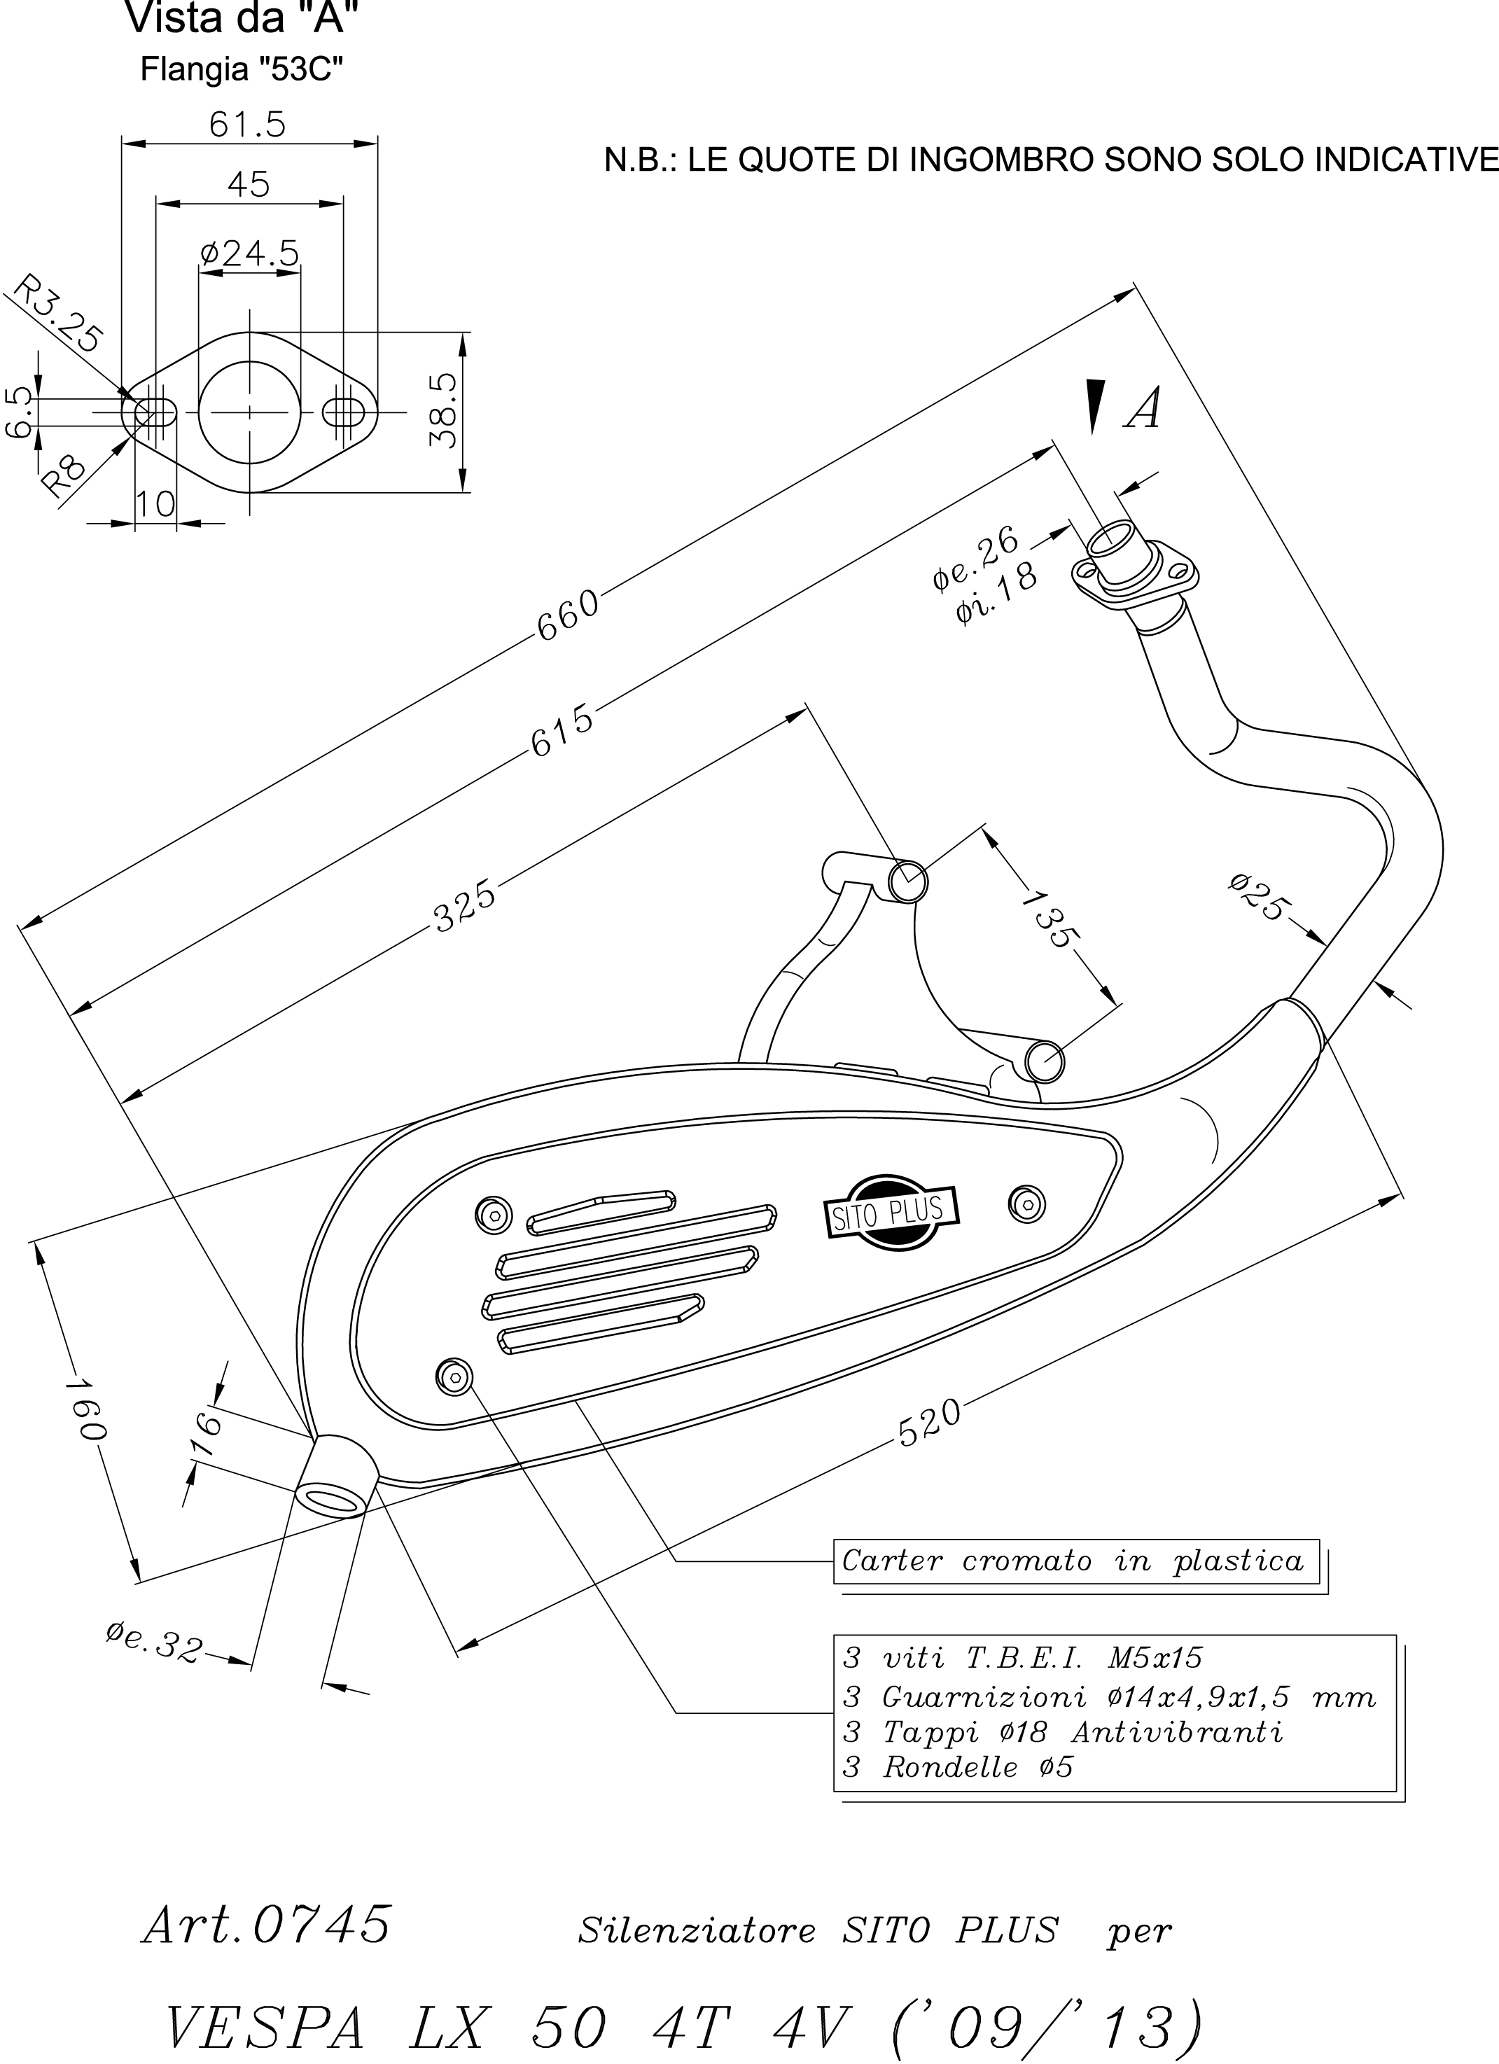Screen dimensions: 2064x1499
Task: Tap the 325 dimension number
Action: [x=465, y=905]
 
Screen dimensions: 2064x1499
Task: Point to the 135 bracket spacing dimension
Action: [x=1049, y=920]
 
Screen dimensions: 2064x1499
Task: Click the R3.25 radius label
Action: [x=57, y=312]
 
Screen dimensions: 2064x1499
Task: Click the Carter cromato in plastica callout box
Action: [x=1075, y=1561]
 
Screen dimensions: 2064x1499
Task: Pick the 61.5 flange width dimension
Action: [x=248, y=124]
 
